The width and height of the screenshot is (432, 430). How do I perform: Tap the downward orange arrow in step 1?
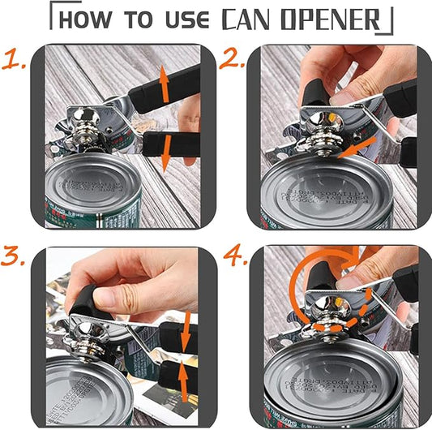tap(165, 154)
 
